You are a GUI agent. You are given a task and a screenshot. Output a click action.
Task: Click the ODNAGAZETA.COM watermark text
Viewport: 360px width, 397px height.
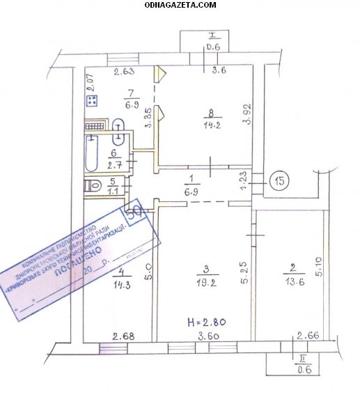(x=180, y=5)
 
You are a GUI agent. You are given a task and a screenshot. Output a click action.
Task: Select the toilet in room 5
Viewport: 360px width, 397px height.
(x=93, y=187)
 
